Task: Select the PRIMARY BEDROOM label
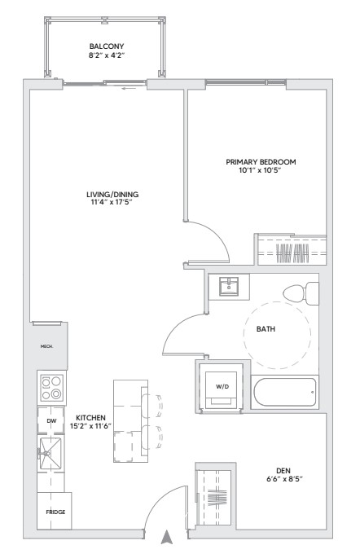261,162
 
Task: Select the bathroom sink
230,286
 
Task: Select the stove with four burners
51,387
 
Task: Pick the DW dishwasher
50,420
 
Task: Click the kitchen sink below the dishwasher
50,453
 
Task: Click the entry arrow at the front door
169,536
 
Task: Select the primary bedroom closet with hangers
292,252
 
